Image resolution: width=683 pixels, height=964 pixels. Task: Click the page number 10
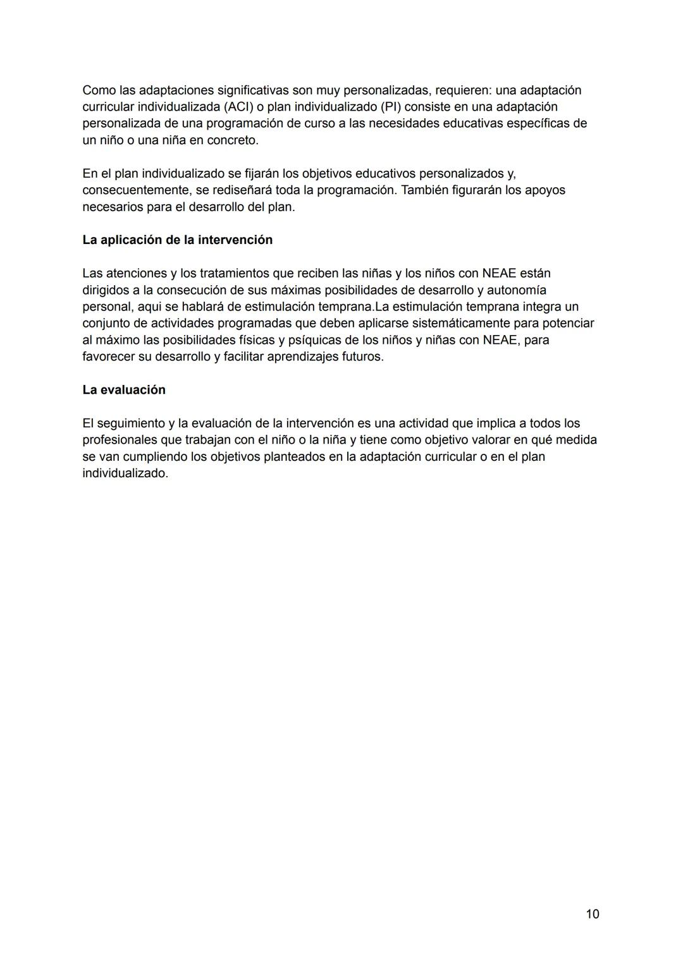coord(592,914)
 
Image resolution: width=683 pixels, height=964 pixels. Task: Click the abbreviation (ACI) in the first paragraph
coord(238,107)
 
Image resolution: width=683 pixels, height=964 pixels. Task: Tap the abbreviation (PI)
coord(390,107)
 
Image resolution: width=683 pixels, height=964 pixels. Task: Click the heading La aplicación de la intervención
coord(177,240)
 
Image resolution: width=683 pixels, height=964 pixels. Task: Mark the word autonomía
coord(516,290)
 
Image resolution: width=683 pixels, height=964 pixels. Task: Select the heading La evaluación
coord(124,390)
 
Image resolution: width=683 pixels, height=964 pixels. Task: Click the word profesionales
coord(120,440)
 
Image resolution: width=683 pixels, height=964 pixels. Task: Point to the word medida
coord(575,440)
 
